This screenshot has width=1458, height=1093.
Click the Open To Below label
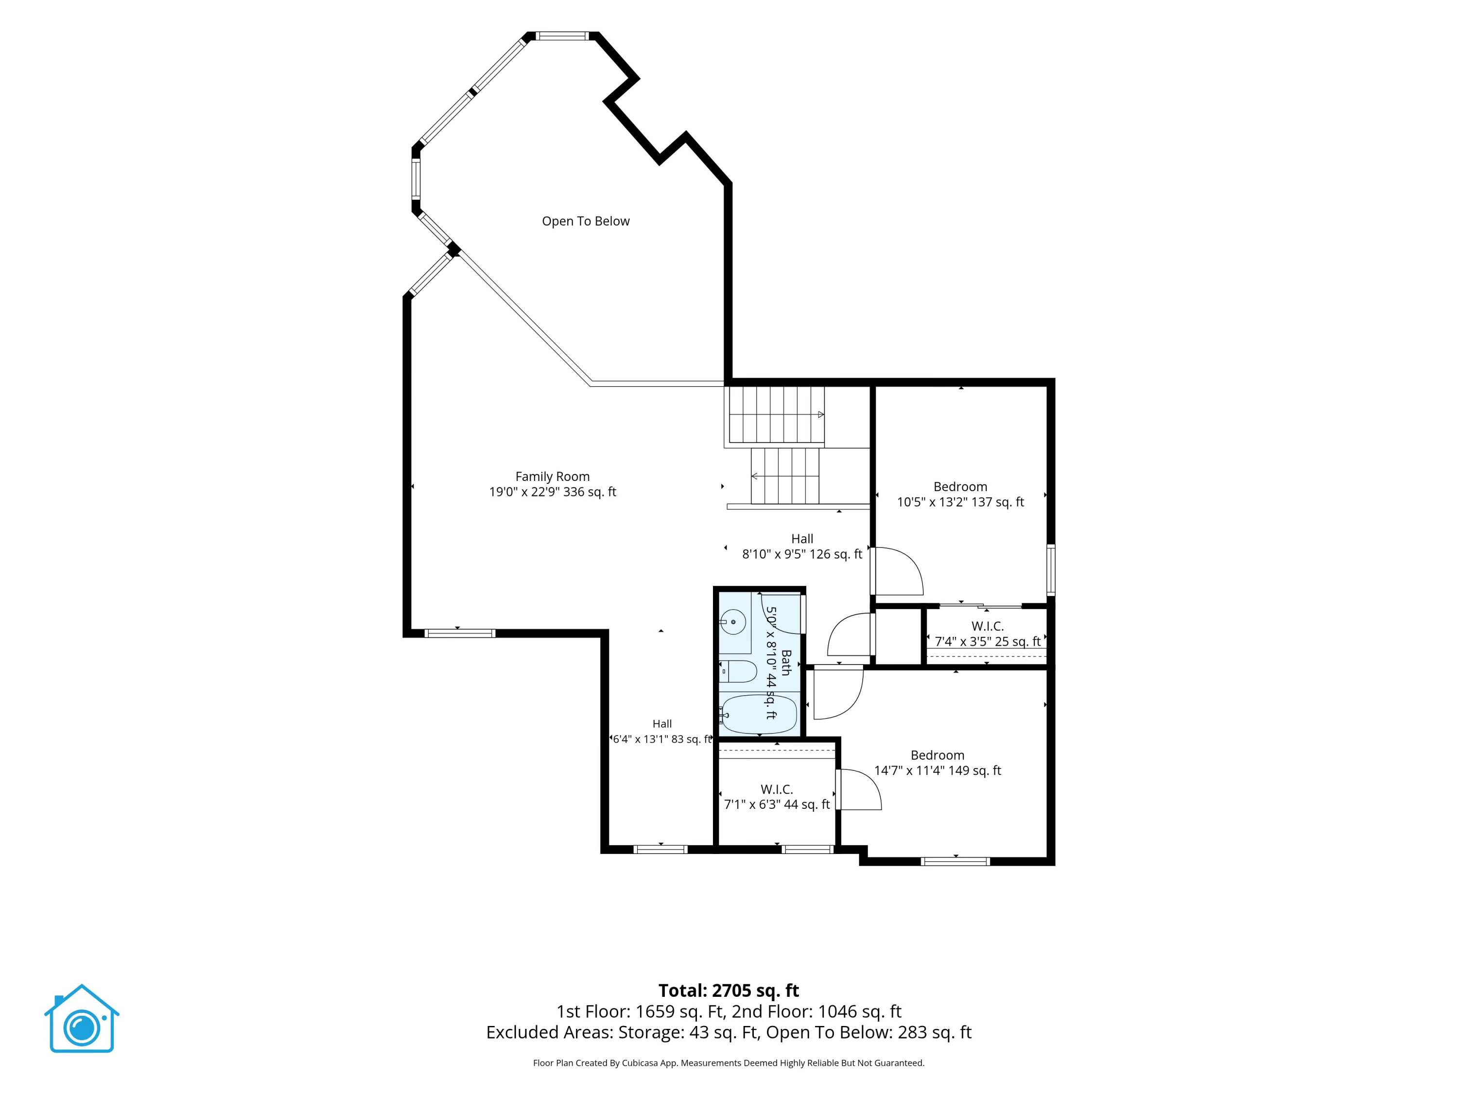(x=585, y=222)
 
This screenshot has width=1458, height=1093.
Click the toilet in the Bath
(x=738, y=671)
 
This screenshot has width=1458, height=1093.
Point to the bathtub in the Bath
(x=758, y=714)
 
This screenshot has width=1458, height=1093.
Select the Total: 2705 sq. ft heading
(x=729, y=990)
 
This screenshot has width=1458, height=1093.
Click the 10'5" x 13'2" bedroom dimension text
(x=960, y=502)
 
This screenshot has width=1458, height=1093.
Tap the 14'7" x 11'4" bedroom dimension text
(x=937, y=770)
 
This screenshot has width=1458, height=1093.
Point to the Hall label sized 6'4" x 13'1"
(x=662, y=723)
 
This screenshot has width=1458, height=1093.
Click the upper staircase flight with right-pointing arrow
(x=777, y=414)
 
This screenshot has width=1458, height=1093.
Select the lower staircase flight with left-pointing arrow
(x=785, y=476)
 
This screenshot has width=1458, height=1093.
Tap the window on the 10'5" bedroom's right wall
(x=1051, y=570)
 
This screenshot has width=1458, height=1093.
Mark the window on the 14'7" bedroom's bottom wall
(x=955, y=861)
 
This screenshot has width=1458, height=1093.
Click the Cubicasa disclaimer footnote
(x=729, y=1063)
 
